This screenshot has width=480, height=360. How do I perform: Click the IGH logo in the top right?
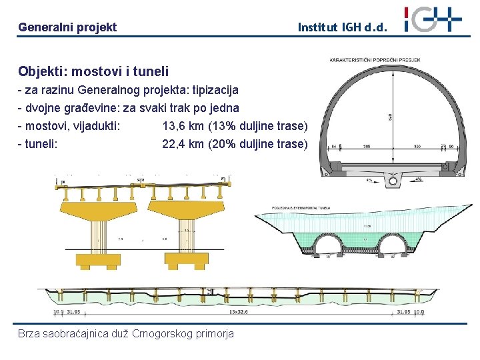coord(433,19)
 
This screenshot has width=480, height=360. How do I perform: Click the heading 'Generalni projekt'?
coord(67,27)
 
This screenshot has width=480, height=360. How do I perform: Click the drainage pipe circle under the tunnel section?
coord(393,180)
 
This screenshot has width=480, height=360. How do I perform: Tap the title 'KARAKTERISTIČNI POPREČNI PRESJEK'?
coord(375,61)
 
